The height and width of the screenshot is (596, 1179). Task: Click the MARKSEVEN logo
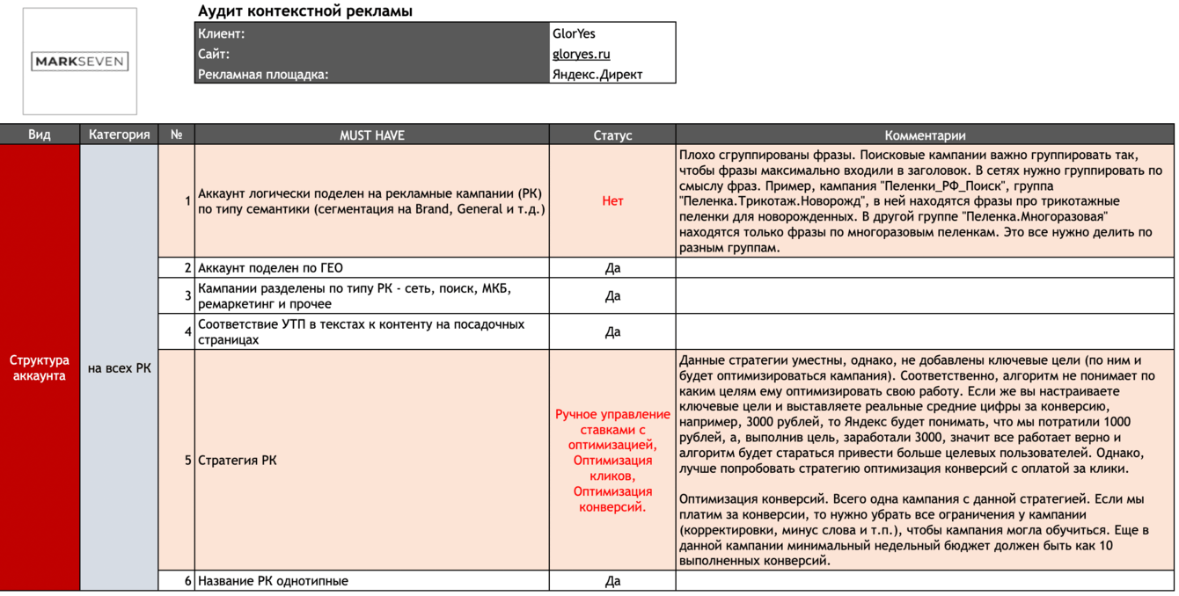[x=79, y=62]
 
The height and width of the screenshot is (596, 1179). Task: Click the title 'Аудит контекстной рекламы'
[x=305, y=11]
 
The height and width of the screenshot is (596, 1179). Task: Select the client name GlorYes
[x=574, y=33]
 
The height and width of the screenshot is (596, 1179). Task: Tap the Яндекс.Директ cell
[x=597, y=74]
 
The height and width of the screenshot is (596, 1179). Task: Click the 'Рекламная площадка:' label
[x=263, y=74]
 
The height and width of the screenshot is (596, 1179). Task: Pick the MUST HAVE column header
[x=372, y=135]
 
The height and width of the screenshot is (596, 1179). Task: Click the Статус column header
[x=612, y=135]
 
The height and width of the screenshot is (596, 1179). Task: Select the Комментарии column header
[x=925, y=135]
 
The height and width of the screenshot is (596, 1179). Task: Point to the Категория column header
[x=119, y=134]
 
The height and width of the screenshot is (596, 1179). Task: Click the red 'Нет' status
[x=612, y=201]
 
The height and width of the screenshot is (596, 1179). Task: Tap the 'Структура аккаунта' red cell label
[x=40, y=368]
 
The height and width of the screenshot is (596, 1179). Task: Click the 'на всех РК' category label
[x=119, y=368]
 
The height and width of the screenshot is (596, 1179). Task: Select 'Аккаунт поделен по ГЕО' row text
[x=270, y=268]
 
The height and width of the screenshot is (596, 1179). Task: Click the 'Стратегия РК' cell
[x=238, y=460]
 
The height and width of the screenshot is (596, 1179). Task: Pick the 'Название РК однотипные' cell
[x=273, y=581]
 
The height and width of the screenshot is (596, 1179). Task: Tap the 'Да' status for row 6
[x=612, y=581]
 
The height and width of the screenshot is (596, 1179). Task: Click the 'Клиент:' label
[x=222, y=33]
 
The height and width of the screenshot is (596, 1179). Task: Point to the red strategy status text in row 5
[x=612, y=460]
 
